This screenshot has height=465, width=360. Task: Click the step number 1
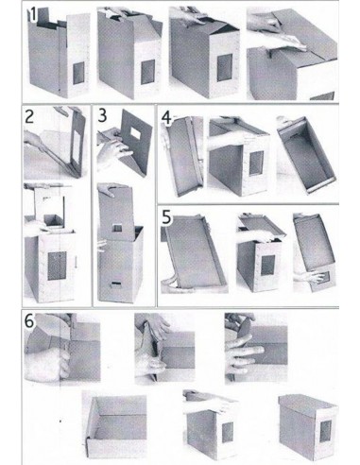(x=32, y=15)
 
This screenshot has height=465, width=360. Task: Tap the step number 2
(x=29, y=116)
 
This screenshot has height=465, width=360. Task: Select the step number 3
(x=102, y=115)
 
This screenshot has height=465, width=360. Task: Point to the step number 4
(x=166, y=118)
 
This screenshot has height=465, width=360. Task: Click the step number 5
(x=166, y=216)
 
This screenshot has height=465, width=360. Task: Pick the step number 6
(x=29, y=321)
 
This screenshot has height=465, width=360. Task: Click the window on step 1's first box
(x=78, y=73)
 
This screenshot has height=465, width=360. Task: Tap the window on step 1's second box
(x=147, y=72)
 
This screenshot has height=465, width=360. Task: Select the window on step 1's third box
(x=225, y=67)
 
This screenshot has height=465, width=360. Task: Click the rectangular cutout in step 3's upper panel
(x=135, y=132)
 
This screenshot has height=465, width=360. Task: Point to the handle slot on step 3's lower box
(x=115, y=284)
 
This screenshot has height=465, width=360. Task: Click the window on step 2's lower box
(x=57, y=266)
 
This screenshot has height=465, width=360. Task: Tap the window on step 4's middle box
(x=256, y=163)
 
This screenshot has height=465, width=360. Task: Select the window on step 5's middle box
(x=267, y=265)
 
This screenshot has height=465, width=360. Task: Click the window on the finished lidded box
(x=325, y=431)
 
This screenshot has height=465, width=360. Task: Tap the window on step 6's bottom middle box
(x=227, y=432)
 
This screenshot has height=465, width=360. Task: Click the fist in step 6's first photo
(x=47, y=364)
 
